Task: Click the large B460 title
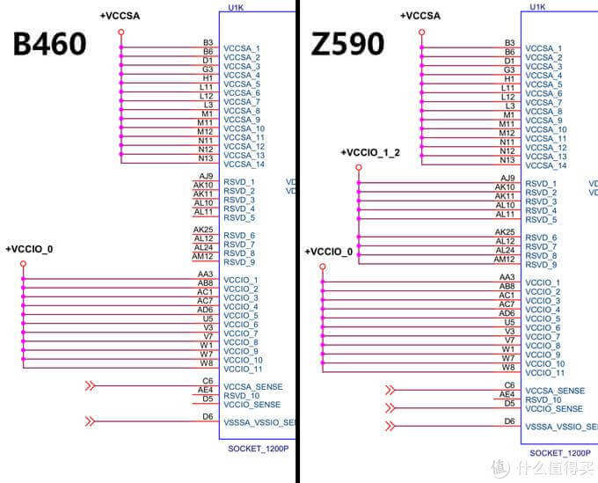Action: tap(49, 44)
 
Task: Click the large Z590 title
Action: tap(347, 44)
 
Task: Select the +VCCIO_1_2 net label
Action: tap(370, 153)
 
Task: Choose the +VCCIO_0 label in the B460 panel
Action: tap(29, 249)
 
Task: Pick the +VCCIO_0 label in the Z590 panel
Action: tap(329, 252)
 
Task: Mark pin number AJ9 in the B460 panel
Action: tap(208, 176)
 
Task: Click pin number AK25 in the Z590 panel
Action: tap(505, 232)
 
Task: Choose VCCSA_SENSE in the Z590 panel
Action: tap(554, 391)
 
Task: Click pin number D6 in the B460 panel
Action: tap(208, 416)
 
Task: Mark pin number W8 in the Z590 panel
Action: tap(508, 367)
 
